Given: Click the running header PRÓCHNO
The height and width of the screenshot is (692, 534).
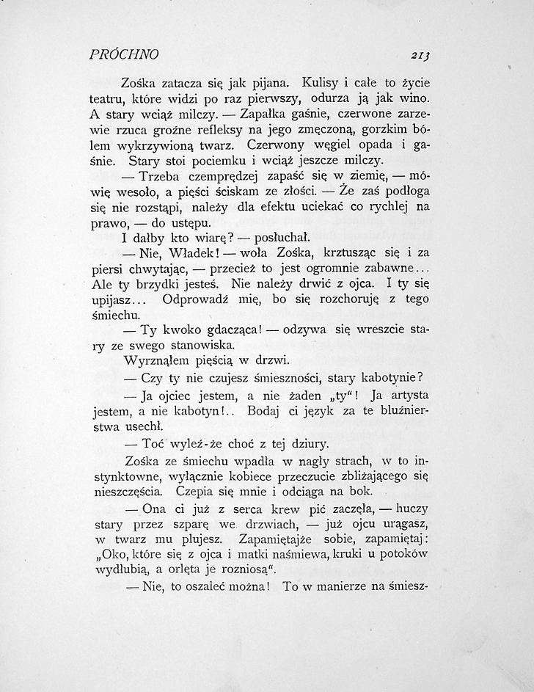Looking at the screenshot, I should [x=124, y=54].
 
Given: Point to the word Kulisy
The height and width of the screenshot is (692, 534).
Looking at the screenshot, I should [x=301, y=81].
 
